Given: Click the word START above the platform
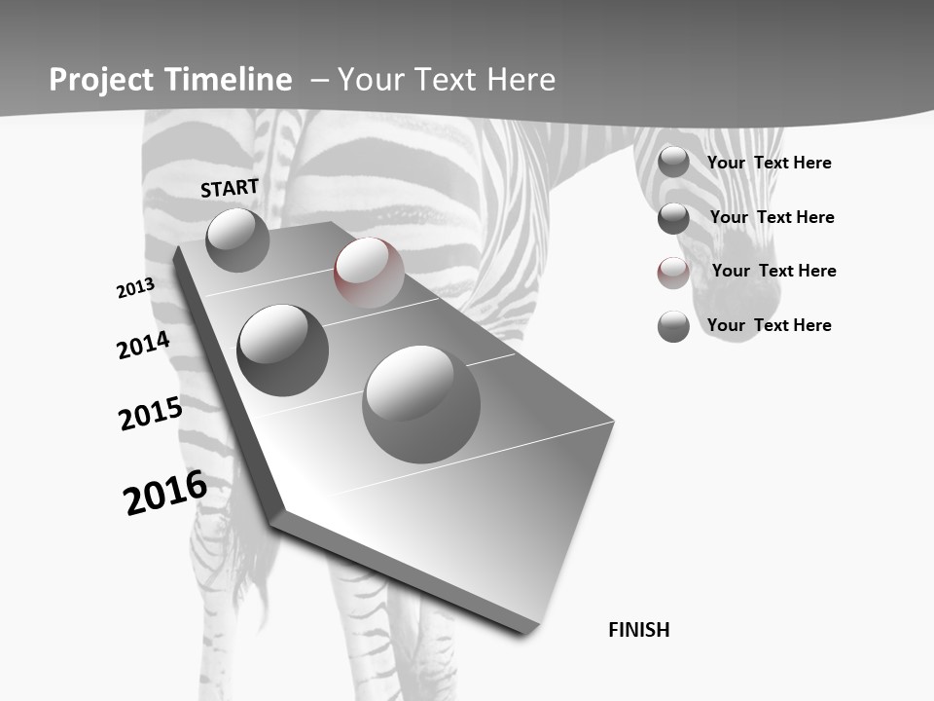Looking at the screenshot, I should (x=230, y=188).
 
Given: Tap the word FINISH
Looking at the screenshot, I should (x=639, y=630).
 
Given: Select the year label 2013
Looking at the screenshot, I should (x=135, y=288).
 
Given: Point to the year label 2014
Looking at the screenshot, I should (x=143, y=346).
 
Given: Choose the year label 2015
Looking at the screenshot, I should (x=150, y=414).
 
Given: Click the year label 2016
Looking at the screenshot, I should (x=165, y=493).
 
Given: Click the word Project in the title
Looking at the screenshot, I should (x=100, y=80).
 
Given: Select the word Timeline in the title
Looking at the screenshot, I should (x=230, y=80).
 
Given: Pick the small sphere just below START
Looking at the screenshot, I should (x=237, y=240).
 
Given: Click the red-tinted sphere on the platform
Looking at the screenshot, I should (x=369, y=272).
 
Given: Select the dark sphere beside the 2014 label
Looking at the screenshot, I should (x=282, y=350).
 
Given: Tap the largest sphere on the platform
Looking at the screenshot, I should (x=421, y=403).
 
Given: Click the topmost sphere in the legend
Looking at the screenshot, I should (x=673, y=163).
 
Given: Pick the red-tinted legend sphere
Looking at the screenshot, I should (x=673, y=273).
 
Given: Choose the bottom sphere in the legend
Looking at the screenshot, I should (x=673, y=326).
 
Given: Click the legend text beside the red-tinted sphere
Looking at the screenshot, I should (x=773, y=271).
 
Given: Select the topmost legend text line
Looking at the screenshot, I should (x=769, y=163).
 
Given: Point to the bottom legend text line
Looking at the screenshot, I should (x=769, y=325).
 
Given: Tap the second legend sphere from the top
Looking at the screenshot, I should (x=673, y=218).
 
